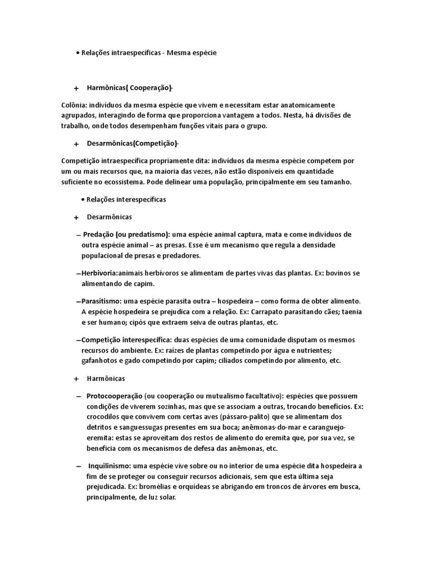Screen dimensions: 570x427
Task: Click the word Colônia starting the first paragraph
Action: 75,105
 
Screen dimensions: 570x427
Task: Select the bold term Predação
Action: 100,234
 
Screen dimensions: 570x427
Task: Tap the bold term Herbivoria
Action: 99,273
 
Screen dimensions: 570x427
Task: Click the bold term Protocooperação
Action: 114,395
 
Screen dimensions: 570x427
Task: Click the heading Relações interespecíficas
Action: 126,199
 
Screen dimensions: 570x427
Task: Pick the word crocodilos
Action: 107,416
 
